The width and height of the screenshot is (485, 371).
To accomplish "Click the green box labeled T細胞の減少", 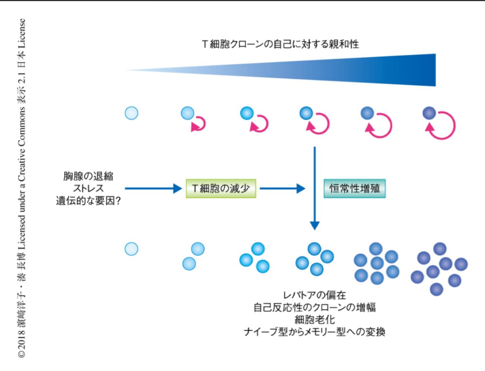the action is (221, 188).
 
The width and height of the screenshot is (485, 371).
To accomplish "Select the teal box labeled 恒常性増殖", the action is (355, 188).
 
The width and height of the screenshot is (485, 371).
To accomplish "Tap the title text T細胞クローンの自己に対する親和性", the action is (280, 44).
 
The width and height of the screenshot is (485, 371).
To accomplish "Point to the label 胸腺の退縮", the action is (88, 176).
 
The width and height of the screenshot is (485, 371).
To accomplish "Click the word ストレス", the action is (88, 188).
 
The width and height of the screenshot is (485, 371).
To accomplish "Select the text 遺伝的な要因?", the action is (88, 200).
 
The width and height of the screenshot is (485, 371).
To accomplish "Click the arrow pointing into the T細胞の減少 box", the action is (153, 188).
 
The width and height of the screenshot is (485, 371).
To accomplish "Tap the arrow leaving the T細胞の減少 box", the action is (282, 188).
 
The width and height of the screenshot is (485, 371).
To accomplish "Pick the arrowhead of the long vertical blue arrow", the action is (314, 225).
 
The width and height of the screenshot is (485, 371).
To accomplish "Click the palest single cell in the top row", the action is (131, 113).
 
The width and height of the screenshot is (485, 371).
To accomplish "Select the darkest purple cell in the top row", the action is (429, 113).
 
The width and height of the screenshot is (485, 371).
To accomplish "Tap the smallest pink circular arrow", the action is (205, 124).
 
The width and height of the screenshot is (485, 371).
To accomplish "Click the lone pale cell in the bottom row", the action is (131, 249).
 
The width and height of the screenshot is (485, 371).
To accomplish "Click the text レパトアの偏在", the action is (314, 295).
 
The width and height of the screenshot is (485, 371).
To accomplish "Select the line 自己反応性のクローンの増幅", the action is (314, 307).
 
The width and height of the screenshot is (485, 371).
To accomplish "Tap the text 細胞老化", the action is (314, 319).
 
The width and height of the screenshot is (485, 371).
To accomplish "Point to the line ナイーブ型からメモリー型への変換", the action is (314, 332).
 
